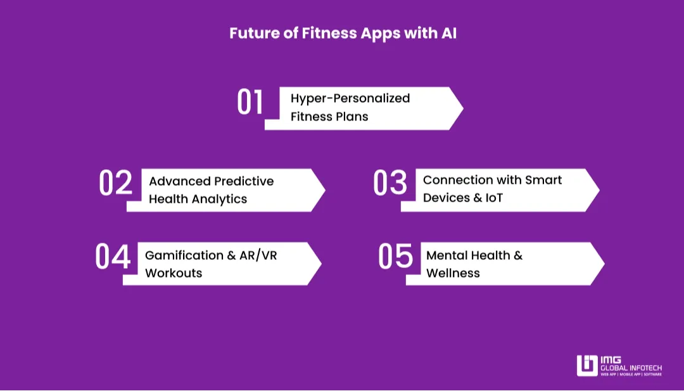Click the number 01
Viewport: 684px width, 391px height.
point(250,103)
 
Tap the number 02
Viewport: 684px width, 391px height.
point(115,183)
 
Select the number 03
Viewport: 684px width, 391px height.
point(389,183)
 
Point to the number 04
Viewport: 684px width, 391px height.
point(113,257)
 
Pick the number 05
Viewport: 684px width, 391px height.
point(395,257)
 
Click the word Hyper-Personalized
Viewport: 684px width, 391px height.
point(350,98)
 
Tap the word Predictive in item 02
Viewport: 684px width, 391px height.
point(244,181)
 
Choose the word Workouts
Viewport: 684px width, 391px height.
point(174,273)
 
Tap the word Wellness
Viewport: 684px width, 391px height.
point(453,273)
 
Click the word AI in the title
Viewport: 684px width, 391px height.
point(448,34)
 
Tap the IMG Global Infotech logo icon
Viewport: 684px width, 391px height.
point(586,366)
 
